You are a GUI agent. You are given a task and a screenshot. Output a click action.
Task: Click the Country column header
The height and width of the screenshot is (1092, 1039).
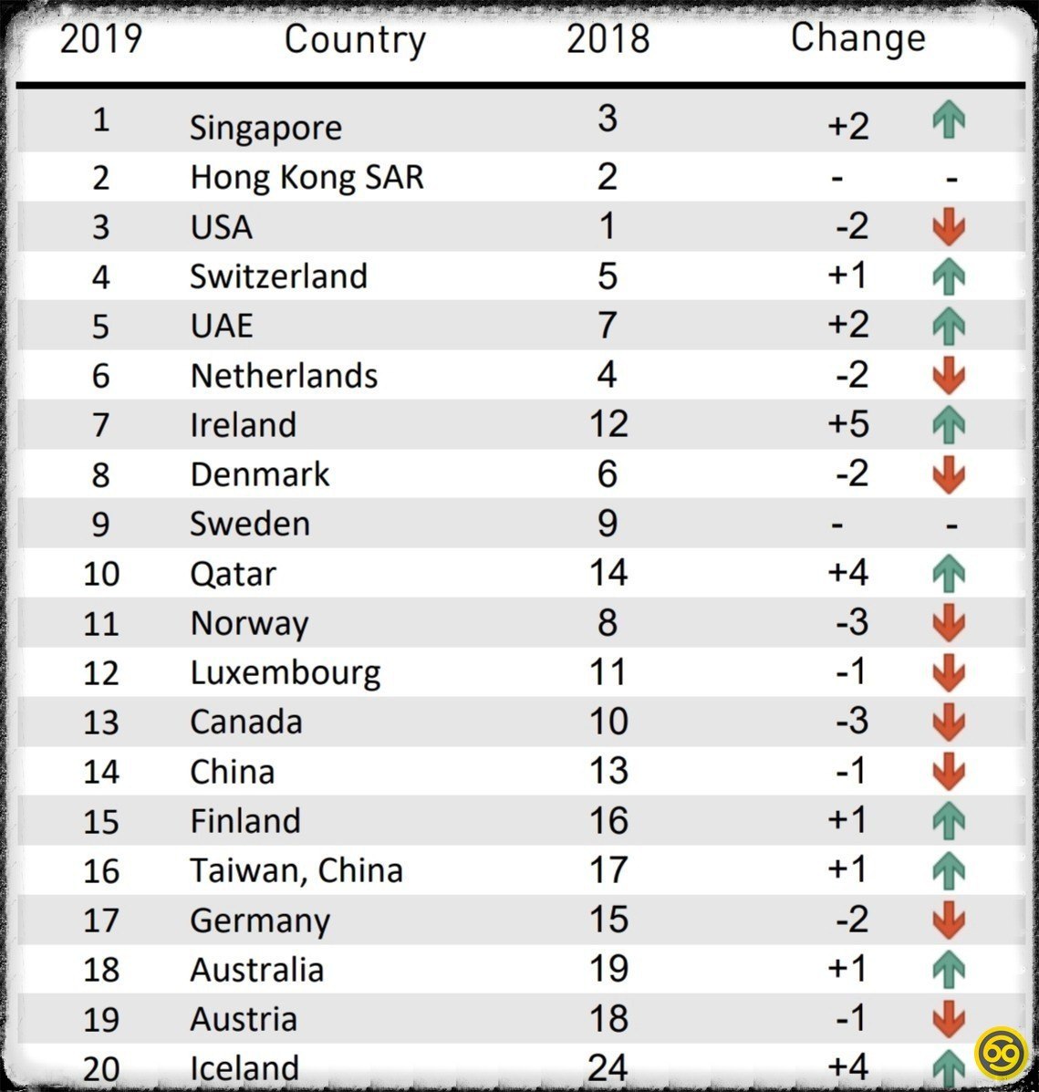coord(355,39)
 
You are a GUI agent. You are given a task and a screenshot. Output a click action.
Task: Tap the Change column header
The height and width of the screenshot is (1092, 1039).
coord(857,38)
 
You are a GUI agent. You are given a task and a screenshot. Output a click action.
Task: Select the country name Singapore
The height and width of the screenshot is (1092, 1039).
coord(265,128)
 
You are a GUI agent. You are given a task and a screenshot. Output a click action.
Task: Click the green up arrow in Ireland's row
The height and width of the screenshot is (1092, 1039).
coord(950,425)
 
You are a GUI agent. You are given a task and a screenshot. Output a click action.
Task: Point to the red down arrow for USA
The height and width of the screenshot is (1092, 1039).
coord(950,227)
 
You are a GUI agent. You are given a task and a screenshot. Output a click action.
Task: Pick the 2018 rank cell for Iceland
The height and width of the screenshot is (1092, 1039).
coord(608,1066)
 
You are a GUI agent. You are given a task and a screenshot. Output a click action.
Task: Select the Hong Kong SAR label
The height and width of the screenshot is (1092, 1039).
coord(307,177)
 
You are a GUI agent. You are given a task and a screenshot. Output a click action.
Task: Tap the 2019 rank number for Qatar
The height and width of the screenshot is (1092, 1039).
coord(101,574)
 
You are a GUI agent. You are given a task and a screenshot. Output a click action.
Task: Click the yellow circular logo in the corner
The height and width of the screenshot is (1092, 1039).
coord(1002,1053)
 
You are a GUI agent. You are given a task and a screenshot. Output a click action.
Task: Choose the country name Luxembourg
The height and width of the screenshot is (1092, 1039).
coord(286,673)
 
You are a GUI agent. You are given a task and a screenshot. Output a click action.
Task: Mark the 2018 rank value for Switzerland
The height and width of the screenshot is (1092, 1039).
coord(608,276)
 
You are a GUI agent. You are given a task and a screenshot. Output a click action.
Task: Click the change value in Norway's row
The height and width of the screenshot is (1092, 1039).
coord(851,623)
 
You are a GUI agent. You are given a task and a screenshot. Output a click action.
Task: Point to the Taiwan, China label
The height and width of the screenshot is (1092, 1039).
coord(296,870)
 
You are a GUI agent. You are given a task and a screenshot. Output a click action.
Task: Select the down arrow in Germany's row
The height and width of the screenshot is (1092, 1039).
coord(950,920)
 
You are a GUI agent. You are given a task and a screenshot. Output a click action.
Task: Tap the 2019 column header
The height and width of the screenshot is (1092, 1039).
coord(101,39)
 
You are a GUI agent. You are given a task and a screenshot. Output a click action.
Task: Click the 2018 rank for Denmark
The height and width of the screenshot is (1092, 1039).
coord(608,474)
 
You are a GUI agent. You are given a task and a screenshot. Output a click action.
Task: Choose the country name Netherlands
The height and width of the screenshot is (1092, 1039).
coord(284,376)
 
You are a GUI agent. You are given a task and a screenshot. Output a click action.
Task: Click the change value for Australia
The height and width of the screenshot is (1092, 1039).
coord(847,969)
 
